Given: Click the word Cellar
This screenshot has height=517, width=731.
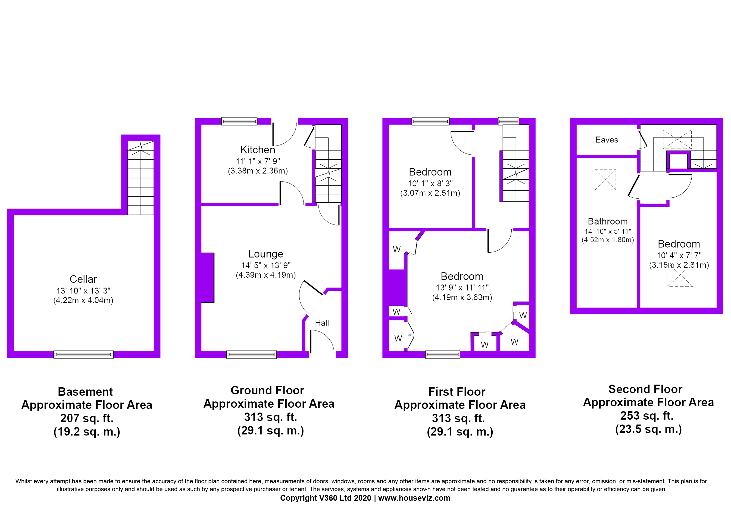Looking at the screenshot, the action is (82, 279).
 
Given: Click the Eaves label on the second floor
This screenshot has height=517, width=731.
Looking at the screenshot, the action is (607, 140).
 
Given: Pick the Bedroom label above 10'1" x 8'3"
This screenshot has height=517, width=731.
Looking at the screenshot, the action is (430, 172).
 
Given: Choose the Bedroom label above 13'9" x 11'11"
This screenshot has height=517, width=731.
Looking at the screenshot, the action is (462, 276).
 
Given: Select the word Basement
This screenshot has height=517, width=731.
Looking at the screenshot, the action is (86, 391).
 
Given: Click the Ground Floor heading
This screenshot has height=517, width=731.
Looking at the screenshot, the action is (267, 390).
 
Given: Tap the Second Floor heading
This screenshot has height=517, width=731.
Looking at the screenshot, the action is (645, 389).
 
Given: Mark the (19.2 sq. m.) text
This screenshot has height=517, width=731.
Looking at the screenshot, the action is (87, 432).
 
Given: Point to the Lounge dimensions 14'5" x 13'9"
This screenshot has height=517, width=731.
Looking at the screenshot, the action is (265, 265).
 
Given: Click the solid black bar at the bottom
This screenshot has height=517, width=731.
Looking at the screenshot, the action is (361, 490).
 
